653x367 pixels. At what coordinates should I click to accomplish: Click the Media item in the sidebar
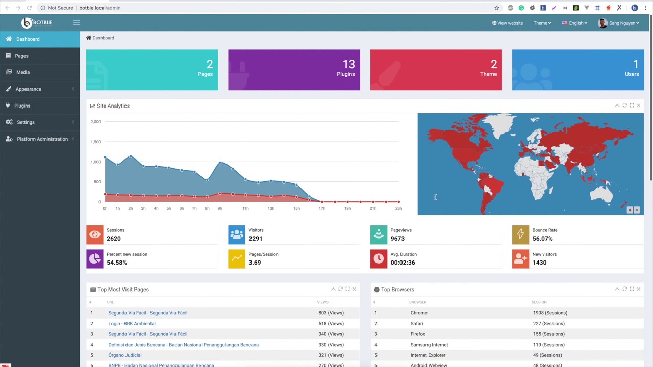[22, 72]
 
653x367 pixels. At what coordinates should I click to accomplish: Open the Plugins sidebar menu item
[22, 106]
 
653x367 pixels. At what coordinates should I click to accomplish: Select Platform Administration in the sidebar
[42, 139]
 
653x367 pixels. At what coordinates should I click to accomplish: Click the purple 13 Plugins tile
[294, 70]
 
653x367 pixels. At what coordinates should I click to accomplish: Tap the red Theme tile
[436, 70]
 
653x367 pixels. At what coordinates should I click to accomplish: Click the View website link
[507, 23]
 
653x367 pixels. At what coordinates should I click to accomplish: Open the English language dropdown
[574, 23]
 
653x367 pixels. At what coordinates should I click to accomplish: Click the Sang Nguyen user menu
[618, 23]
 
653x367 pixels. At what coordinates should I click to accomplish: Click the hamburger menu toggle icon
[77, 22]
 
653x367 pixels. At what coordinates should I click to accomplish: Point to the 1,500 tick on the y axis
[95, 142]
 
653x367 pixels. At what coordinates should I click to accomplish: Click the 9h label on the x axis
[220, 208]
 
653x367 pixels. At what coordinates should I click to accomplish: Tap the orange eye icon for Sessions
[95, 234]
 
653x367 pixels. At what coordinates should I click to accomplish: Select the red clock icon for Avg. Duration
[379, 259]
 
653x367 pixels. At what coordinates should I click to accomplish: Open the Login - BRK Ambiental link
[132, 324]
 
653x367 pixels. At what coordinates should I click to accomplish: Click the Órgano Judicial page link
[124, 355]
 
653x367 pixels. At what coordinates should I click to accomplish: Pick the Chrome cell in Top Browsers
[419, 313]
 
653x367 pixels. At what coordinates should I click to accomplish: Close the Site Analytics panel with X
[638, 106]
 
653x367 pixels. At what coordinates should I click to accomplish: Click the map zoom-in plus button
[630, 210]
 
